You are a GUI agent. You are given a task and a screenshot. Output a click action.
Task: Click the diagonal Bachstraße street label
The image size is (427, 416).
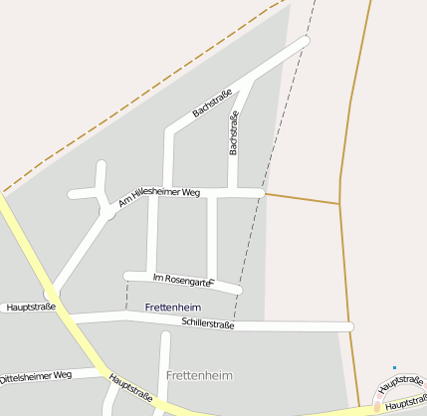click(212, 103)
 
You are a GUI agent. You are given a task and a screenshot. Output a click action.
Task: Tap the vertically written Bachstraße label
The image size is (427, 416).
click(234, 133)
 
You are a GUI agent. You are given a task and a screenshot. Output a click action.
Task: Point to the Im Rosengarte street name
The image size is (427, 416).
click(183, 280)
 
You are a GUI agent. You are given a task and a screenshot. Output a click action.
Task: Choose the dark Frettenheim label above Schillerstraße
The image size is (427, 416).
click(172, 309)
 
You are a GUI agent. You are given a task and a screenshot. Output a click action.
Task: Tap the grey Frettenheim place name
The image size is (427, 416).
click(199, 375)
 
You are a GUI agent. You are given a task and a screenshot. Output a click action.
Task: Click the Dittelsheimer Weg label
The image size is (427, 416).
click(36, 377)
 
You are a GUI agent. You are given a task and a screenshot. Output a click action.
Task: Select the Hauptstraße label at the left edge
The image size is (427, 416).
click(30, 308)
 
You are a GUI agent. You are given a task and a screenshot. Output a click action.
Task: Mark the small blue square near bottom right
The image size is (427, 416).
click(395, 368)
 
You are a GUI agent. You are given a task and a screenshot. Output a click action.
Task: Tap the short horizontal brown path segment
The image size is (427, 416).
click(303, 198)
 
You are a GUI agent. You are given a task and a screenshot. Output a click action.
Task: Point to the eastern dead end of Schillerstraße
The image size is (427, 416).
click(349, 326)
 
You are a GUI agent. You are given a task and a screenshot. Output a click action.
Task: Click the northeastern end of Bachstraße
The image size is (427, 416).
click(305, 41)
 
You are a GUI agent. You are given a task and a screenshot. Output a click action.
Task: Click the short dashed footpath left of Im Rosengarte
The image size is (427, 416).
click(127, 295)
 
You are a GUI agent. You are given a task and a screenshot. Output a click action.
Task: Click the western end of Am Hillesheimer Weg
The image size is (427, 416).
click(73, 193)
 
